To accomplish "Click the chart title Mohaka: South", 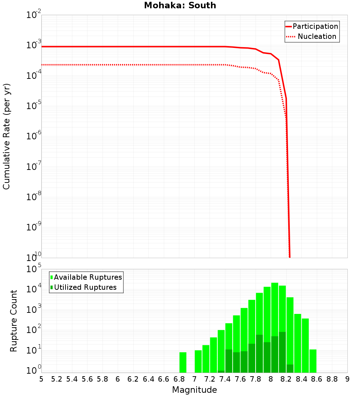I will pyautogui.click(x=180, y=6).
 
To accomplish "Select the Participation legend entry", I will pyautogui.click(x=315, y=26).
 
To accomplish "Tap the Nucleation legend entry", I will pyautogui.click(x=317, y=36).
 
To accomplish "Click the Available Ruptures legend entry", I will pyautogui.click(x=88, y=277).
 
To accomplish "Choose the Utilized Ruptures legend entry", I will pyautogui.click(x=85, y=287).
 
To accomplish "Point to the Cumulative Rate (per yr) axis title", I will pyautogui.click(x=6, y=136).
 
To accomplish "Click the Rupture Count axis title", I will pyautogui.click(x=14, y=321).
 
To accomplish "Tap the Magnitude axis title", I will pyautogui.click(x=194, y=390).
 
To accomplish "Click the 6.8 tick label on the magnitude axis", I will pyautogui.click(x=179, y=379).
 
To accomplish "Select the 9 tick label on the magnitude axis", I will pyautogui.click(x=347, y=379).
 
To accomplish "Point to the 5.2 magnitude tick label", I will pyautogui.click(x=57, y=379).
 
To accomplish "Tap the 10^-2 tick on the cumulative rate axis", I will pyautogui.click(x=35, y=15).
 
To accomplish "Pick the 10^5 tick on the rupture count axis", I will pyautogui.click(x=35, y=269).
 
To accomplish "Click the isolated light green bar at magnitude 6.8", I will pyautogui.click(x=183, y=362).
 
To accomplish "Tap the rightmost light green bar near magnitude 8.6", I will pyautogui.click(x=313, y=361).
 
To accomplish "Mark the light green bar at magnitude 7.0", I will pyautogui.click(x=198, y=361).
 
